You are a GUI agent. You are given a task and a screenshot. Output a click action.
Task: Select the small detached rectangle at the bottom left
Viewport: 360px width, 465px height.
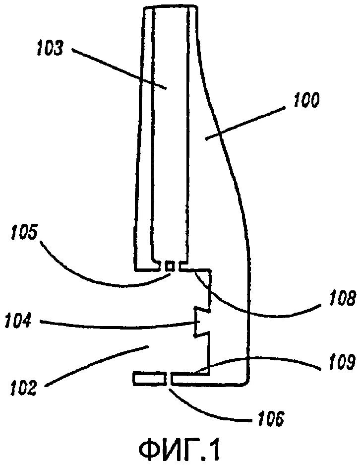(149, 379)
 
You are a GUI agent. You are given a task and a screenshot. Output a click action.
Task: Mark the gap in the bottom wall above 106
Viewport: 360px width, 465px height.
(169, 379)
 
